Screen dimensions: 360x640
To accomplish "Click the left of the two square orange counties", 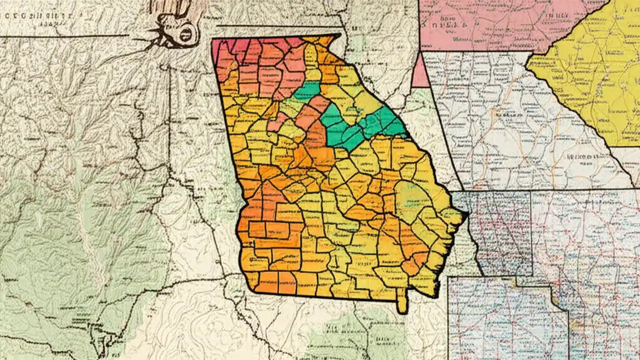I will (x=257, y=229).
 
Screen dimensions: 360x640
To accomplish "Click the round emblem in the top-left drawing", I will (x=184, y=34).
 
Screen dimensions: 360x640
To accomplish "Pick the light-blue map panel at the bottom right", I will (x=505, y=320).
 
